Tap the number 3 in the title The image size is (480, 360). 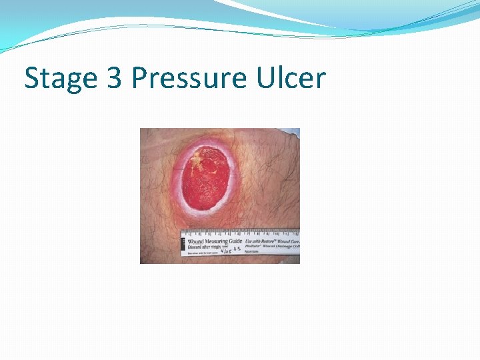(113, 78)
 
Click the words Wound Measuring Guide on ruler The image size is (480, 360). (215, 241)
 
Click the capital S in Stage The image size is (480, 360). (31, 78)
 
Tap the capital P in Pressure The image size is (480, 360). (140, 78)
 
